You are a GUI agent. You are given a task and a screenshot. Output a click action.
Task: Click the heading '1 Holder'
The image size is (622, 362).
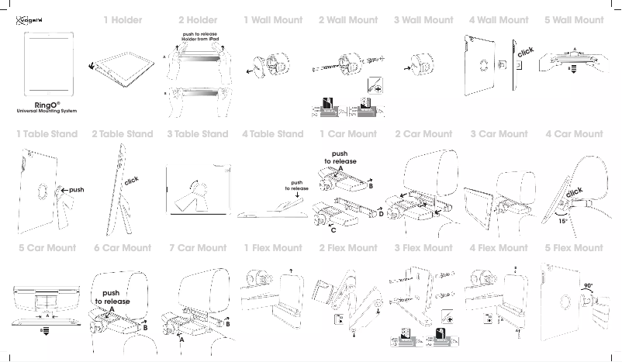123,20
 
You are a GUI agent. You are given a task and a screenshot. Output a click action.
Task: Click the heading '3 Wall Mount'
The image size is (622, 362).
423,20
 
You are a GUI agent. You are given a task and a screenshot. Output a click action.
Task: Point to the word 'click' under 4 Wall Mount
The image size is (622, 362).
526,52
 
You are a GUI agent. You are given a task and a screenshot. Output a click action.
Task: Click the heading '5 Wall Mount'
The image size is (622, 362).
574,20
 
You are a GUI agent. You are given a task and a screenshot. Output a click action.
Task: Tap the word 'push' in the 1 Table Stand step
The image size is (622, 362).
76,189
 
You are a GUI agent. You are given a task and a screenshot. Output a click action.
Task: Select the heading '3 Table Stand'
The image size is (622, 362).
198,134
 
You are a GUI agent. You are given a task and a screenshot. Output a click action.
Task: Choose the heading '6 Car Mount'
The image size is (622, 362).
123,248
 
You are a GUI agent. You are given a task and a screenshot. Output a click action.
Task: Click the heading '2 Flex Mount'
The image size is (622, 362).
348,248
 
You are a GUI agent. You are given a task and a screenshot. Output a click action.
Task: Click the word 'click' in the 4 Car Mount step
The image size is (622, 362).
573,191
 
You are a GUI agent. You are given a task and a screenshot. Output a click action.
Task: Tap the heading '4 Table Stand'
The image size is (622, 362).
272,134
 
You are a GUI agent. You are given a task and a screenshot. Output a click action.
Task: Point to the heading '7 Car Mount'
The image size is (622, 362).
198,248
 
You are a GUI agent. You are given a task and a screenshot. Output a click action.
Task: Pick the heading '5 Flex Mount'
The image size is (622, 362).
574,248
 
